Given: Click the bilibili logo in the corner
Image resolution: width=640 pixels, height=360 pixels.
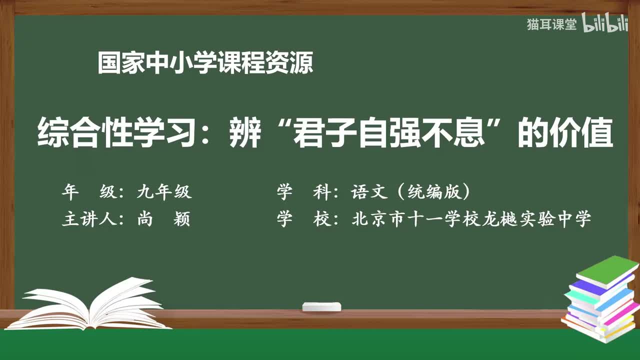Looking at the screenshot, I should click(604, 24).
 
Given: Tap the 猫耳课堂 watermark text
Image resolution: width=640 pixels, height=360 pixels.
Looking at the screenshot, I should click(551, 24).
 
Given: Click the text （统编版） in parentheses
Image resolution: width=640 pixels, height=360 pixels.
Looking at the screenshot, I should click(438, 192).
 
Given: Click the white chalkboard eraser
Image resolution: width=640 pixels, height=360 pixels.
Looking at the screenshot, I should click(321, 306).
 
